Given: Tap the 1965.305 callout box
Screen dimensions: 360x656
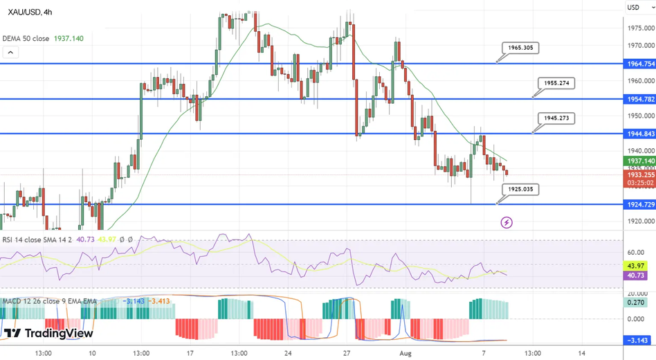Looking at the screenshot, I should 520,48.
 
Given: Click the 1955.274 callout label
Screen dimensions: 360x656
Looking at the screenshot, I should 556,83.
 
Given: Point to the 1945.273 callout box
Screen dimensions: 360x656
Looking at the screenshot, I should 556,118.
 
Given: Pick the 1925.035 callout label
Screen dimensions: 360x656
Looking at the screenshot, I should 520,189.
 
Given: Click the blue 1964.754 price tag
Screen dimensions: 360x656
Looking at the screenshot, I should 639,64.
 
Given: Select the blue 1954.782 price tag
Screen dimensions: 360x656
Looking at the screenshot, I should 639,99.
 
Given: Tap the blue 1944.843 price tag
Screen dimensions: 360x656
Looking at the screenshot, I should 639,134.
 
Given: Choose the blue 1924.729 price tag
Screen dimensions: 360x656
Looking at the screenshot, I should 639,205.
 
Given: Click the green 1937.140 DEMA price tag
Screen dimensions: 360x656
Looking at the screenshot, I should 639,161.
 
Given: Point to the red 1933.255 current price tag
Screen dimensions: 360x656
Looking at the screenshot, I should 639,175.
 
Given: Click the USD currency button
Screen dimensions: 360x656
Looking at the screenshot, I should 633,8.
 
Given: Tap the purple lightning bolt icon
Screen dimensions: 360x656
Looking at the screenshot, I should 507,222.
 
